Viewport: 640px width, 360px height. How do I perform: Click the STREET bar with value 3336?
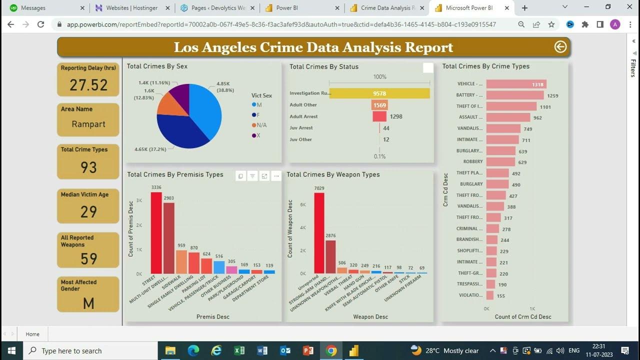pos(156,233)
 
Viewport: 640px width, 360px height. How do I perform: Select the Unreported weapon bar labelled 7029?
pos(319,233)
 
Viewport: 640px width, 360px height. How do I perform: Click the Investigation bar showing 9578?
pos(379,93)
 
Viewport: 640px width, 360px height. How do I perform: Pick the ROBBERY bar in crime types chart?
pos(500,162)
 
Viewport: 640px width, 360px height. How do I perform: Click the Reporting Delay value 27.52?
pos(88,85)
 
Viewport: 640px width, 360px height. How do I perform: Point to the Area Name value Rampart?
pos(88,124)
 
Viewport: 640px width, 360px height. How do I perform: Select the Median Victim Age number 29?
pos(88,212)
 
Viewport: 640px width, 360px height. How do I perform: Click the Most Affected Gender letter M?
pos(88,303)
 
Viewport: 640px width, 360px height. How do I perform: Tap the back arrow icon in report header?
pos(560,47)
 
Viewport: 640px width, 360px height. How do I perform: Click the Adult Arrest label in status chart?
pos(303,116)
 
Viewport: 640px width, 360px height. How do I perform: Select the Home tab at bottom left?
pos(32,334)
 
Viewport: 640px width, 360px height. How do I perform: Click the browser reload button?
pos(41,24)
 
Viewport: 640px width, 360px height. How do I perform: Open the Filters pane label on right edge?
pos(633,68)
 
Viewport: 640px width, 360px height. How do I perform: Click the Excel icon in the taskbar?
pos(239,350)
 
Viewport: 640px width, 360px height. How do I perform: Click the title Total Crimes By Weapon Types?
pos(333,174)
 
